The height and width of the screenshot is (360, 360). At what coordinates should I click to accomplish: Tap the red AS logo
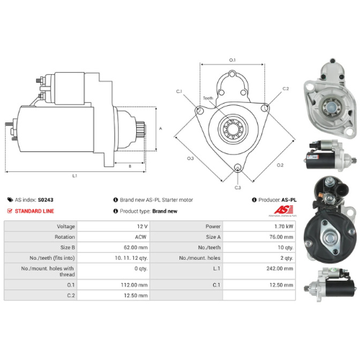[x=277, y=210]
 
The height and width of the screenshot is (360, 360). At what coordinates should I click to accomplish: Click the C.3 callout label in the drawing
[x=238, y=187]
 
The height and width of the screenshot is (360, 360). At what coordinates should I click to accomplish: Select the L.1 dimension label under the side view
[x=75, y=175]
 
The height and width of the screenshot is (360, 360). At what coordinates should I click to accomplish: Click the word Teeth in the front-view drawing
[x=207, y=99]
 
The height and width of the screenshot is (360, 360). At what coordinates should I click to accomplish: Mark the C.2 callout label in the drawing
[x=286, y=89]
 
